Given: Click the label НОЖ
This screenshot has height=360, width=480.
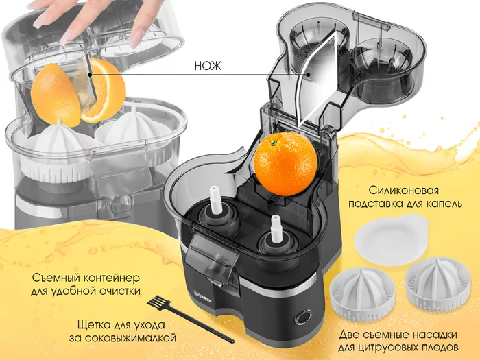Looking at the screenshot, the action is click(x=208, y=66).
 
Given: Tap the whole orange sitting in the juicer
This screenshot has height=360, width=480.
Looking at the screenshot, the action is click(x=285, y=164).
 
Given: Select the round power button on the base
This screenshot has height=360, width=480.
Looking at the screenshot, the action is click(x=303, y=318).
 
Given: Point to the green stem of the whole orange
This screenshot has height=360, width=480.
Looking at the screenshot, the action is click(x=274, y=143).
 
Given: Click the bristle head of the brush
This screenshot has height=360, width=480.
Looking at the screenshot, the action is click(x=157, y=302).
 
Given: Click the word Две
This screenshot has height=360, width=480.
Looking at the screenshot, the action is click(x=348, y=335).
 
